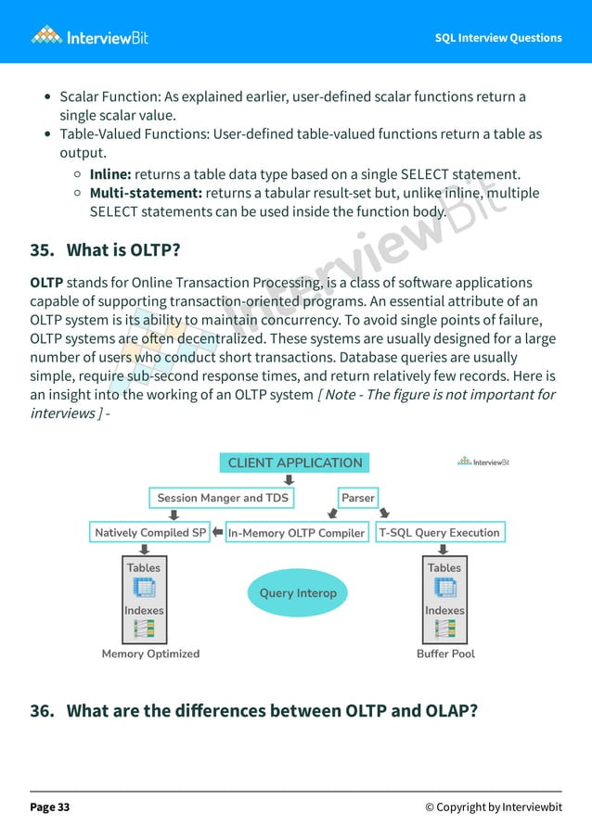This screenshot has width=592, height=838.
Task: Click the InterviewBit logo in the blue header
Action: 89,37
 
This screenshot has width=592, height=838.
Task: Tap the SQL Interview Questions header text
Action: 498,38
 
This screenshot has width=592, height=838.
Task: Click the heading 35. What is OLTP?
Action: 105,250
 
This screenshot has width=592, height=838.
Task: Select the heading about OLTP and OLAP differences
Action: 254,711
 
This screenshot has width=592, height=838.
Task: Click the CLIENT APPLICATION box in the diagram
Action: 295,463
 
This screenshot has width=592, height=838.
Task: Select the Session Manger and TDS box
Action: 222,498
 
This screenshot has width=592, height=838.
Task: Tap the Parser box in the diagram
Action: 358,498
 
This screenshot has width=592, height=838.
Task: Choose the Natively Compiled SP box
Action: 150,533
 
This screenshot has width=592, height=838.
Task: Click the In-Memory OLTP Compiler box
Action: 297,533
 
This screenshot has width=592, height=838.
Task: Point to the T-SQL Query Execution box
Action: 440,533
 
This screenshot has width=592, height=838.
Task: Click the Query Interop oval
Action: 297,593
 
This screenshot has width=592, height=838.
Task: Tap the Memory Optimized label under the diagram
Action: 150,654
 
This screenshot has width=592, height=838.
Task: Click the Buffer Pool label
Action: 445,654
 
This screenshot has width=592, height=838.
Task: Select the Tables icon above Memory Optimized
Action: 144,587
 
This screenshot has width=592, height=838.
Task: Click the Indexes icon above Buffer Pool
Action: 444,628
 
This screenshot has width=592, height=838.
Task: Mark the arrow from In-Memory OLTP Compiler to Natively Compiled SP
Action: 217,533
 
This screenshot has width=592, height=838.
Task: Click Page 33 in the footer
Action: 50,807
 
